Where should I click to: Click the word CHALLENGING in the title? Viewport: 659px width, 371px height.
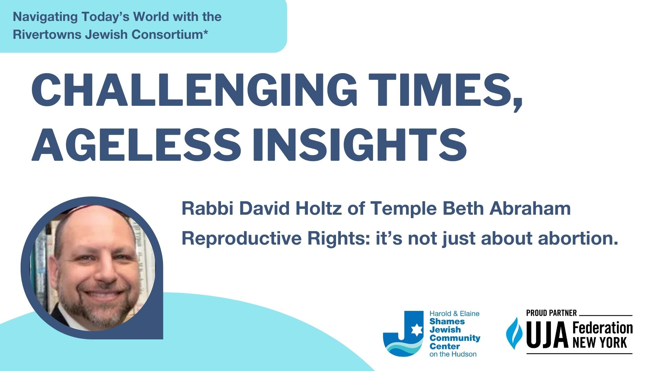[194, 89]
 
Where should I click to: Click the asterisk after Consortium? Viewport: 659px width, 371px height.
[206, 32]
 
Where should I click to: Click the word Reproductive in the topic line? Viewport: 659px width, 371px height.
[241, 238]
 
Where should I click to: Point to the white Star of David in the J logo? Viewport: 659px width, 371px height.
[416, 330]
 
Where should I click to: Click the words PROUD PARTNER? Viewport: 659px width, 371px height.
[551, 313]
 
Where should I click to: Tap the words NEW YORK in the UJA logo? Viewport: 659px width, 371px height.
[600, 342]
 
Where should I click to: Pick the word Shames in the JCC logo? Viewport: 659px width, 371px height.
[447, 322]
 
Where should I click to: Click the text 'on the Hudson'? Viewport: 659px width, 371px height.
[453, 354]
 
